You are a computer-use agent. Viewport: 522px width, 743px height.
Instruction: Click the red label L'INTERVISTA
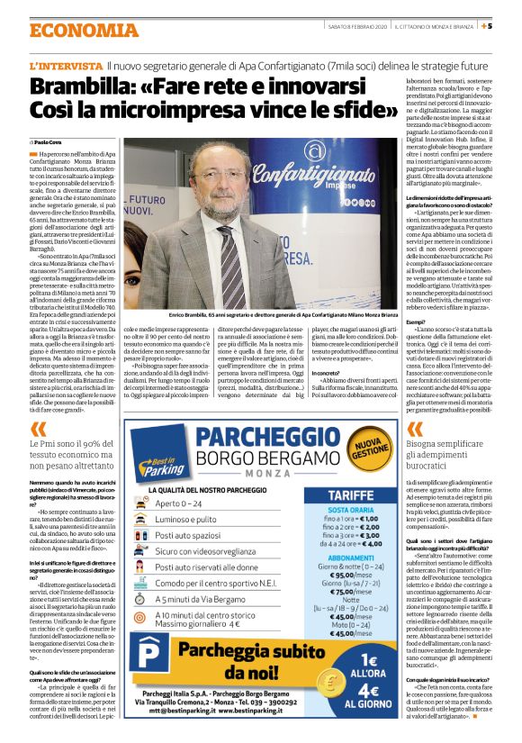[66, 67]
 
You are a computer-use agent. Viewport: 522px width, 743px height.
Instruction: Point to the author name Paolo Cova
[53, 142]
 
